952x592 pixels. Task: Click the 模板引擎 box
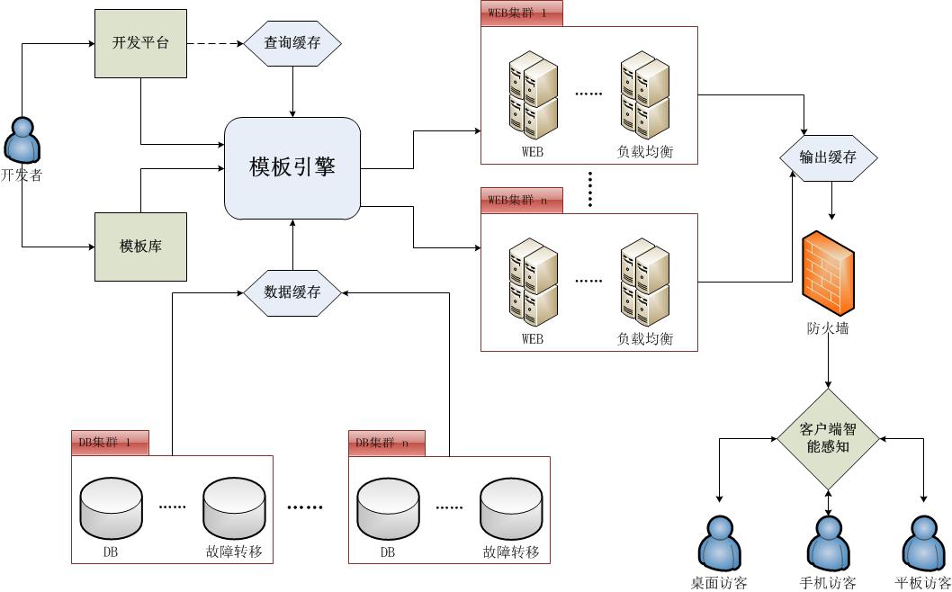click(292, 168)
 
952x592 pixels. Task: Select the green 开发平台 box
click(140, 43)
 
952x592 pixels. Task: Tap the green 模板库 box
click(140, 247)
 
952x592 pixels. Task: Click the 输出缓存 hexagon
click(828, 157)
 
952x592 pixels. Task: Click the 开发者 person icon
click(22, 141)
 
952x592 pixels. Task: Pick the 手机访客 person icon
click(828, 541)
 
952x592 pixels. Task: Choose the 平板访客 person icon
click(925, 541)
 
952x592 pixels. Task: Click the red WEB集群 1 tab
click(522, 14)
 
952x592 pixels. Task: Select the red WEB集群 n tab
click(522, 201)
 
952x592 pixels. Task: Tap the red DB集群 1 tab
click(111, 443)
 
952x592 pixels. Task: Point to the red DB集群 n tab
click(387, 443)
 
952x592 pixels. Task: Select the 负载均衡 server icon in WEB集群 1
click(645, 94)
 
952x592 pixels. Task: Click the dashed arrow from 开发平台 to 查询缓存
click(215, 43)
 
